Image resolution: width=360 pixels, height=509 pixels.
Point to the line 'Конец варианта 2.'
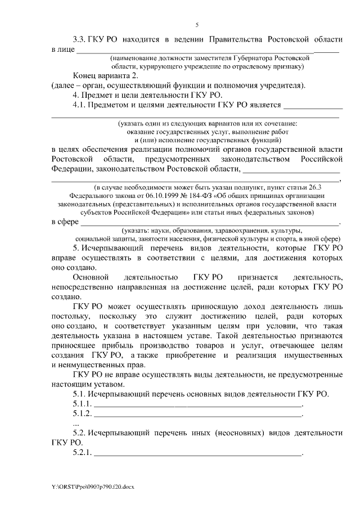pos(105,75)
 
